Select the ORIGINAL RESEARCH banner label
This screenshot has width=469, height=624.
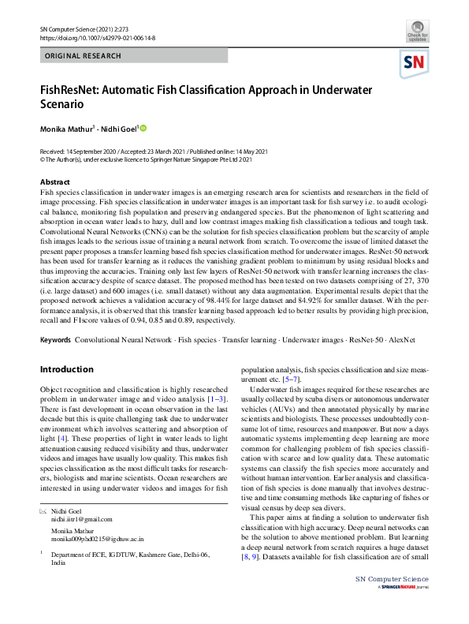(x=84, y=56)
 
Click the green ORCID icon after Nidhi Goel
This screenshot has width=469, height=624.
(x=144, y=128)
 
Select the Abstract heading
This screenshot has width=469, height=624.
(x=55, y=182)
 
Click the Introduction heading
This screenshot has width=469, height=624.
(x=66, y=369)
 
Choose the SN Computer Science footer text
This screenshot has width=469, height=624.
(x=393, y=602)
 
